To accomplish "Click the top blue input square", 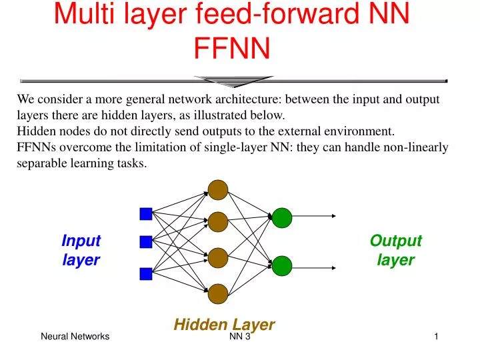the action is pyautogui.click(x=146, y=214).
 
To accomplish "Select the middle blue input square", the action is pyautogui.click(x=146, y=242).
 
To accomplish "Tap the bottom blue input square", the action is pyautogui.click(x=146, y=274).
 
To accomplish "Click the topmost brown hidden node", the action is pyautogui.click(x=218, y=190).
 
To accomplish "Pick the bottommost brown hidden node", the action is pyautogui.click(x=218, y=294).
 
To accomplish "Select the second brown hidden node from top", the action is pyautogui.click(x=218, y=222).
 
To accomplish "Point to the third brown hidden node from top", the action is pyautogui.click(x=218, y=258).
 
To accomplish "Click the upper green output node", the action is pyautogui.click(x=282, y=217).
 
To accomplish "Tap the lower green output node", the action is pyautogui.click(x=282, y=266).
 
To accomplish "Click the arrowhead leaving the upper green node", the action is pyautogui.click(x=334, y=216).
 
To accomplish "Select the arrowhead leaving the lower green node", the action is pyautogui.click(x=334, y=268).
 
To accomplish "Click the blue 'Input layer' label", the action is pyautogui.click(x=81, y=250).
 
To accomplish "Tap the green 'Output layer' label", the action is pyautogui.click(x=396, y=250).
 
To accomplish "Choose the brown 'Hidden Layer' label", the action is pyautogui.click(x=224, y=325).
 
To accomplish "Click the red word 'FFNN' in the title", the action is pyautogui.click(x=232, y=48).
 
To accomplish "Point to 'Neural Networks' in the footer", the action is pyautogui.click(x=75, y=337).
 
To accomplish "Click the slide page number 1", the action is pyautogui.click(x=436, y=337).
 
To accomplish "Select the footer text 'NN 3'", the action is pyautogui.click(x=240, y=337).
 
